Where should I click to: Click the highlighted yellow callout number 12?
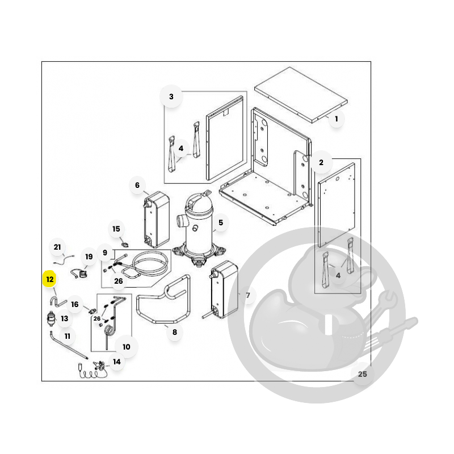click(x=50, y=279)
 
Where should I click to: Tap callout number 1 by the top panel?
click(x=336, y=119)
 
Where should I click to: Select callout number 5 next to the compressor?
click(x=221, y=222)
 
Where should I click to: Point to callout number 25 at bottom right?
click(x=362, y=374)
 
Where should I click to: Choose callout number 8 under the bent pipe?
click(x=175, y=332)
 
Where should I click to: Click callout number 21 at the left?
click(x=57, y=247)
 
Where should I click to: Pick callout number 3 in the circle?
click(x=171, y=96)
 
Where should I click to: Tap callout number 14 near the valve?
click(x=117, y=361)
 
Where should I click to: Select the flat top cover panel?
click(x=301, y=95)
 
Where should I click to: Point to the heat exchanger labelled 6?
click(x=157, y=219)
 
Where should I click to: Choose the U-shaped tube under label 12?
click(x=58, y=301)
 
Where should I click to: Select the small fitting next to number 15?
click(x=125, y=245)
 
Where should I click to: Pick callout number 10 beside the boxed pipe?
click(x=126, y=347)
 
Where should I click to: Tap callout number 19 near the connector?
click(x=89, y=257)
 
